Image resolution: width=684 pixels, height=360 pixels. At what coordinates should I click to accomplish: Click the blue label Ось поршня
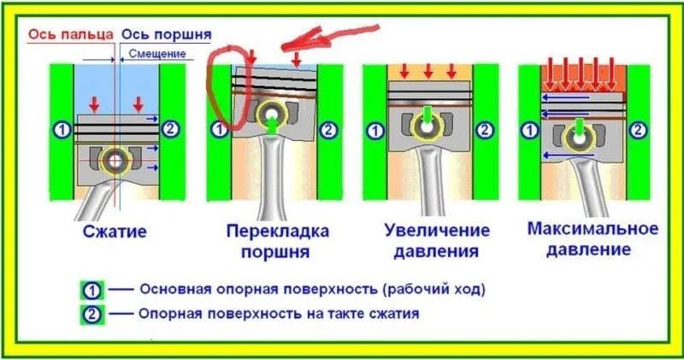(166, 35)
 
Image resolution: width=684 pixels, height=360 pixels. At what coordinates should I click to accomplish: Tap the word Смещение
(157, 54)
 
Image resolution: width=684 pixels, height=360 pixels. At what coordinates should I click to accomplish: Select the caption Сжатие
(115, 232)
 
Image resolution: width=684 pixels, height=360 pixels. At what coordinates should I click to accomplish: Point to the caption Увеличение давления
(425, 242)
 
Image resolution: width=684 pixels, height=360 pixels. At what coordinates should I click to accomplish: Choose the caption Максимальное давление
(593, 240)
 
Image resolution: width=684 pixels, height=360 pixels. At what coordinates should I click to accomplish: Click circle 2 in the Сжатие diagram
(171, 129)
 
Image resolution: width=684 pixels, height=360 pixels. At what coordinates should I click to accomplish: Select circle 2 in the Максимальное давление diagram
(637, 130)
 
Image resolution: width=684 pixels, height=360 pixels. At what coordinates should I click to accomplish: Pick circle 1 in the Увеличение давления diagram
(374, 131)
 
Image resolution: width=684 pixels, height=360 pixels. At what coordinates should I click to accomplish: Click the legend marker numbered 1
(93, 289)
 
